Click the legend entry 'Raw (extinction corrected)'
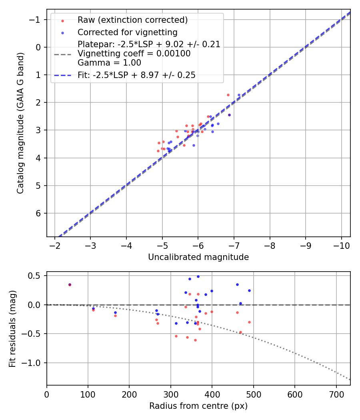(x=132, y=20)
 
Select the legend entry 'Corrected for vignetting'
(x=127, y=32)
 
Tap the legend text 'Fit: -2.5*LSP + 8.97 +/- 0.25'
(x=136, y=75)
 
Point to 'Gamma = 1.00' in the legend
(x=109, y=62)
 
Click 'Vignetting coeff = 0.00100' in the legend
(x=134, y=54)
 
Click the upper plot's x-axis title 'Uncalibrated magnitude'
(x=198, y=257)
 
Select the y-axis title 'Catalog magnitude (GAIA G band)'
(x=20, y=123)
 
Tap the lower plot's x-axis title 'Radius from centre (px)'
(x=198, y=406)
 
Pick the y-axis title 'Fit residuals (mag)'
(x=12, y=328)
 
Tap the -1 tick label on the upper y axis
(x=36, y=20)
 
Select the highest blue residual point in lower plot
(x=198, y=276)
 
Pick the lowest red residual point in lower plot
(x=195, y=340)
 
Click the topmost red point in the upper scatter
(x=228, y=95)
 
